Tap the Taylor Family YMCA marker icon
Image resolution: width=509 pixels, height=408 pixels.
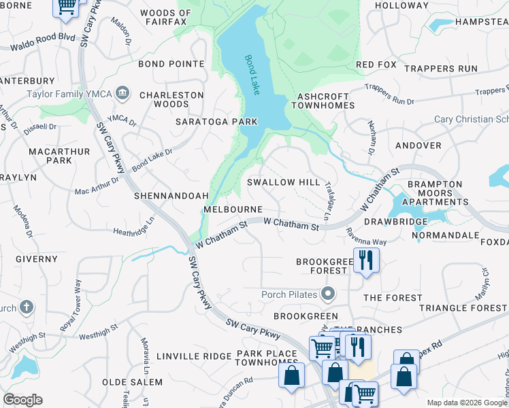pyautogui.click(x=123, y=92)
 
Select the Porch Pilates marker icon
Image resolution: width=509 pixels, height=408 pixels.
pyautogui.click(x=329, y=294)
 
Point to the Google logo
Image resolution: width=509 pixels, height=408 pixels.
pyautogui.click(x=22, y=400)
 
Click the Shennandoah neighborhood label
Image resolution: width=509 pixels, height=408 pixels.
pyautogui.click(x=166, y=194)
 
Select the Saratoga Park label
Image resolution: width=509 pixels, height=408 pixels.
pyautogui.click(x=216, y=122)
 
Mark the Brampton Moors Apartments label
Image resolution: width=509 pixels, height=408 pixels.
pyautogui.click(x=435, y=193)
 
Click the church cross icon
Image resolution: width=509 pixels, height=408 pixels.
pyautogui.click(x=27, y=307)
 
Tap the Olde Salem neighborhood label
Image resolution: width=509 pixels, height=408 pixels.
pyautogui.click(x=133, y=382)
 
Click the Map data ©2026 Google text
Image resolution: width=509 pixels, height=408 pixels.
pyautogui.click(x=466, y=402)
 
